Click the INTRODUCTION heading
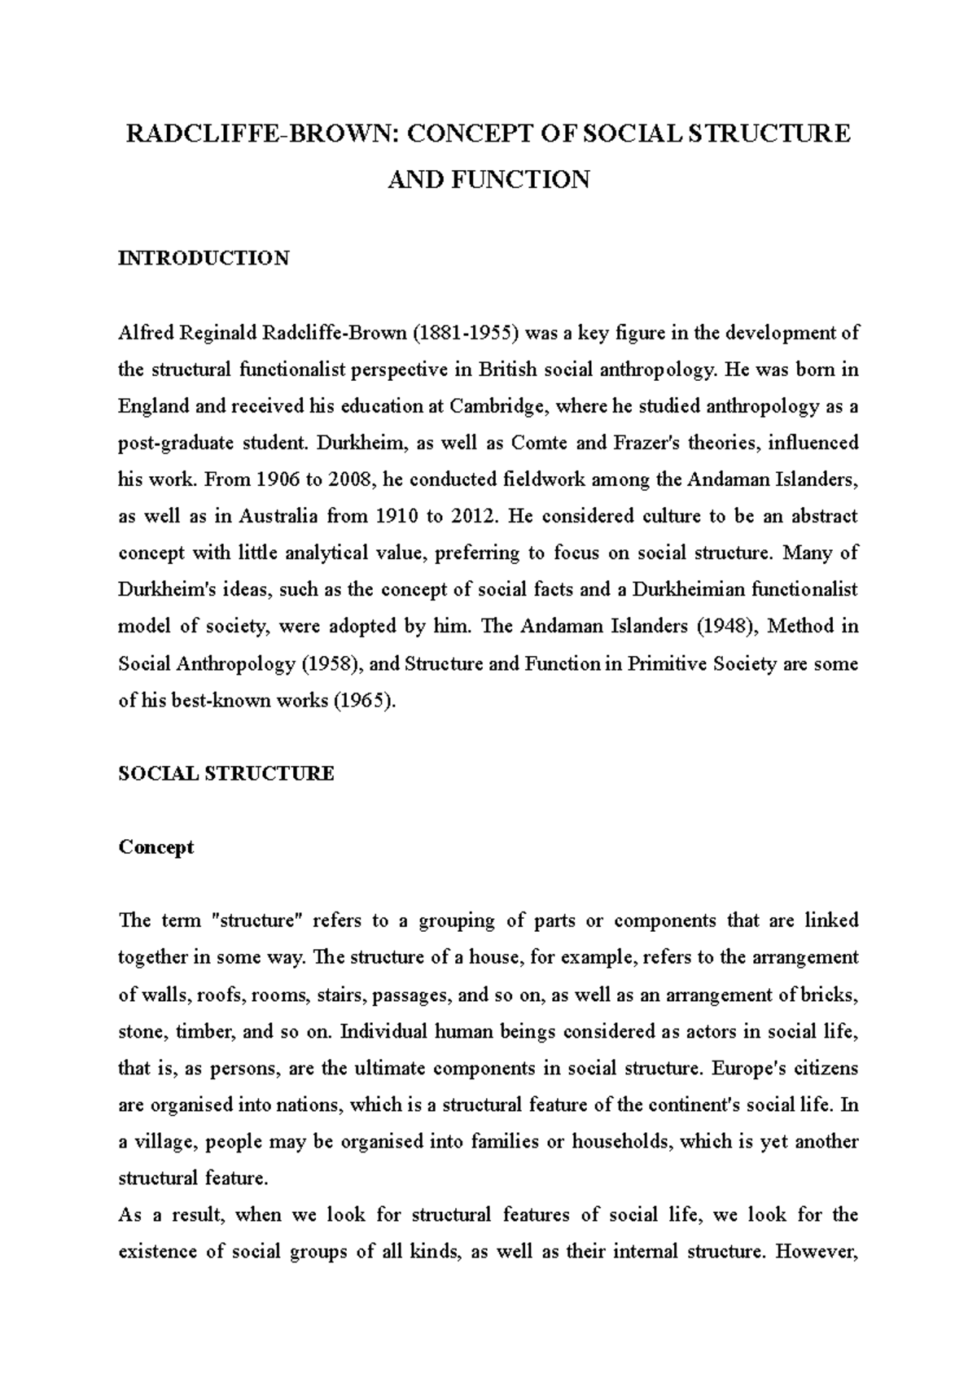tap(204, 258)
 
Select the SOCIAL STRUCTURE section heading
tap(226, 773)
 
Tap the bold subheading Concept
tap(156, 846)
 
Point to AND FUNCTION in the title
tap(488, 179)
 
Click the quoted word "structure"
tap(256, 921)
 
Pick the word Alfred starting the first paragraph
tap(142, 333)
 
